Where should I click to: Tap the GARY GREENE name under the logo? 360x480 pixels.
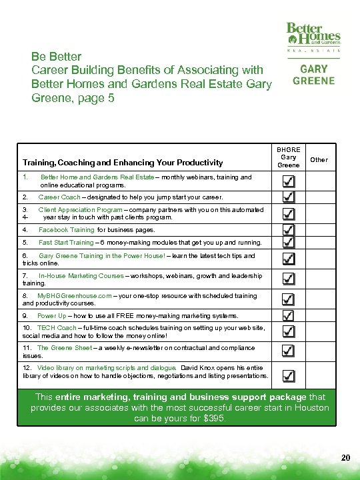(313, 74)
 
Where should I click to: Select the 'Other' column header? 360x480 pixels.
(319, 160)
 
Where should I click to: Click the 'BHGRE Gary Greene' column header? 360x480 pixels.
(288, 157)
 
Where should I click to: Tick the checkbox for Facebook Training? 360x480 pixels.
(288, 229)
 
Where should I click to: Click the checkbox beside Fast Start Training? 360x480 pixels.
(288, 243)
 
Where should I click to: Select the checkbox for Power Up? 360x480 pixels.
(288, 315)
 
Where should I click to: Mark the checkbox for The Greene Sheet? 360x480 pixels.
(288, 350)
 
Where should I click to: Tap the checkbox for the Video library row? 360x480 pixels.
(288, 375)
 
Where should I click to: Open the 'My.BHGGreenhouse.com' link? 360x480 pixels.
(70, 295)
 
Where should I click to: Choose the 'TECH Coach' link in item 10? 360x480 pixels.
(57, 329)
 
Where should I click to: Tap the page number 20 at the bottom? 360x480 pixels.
(344, 457)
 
